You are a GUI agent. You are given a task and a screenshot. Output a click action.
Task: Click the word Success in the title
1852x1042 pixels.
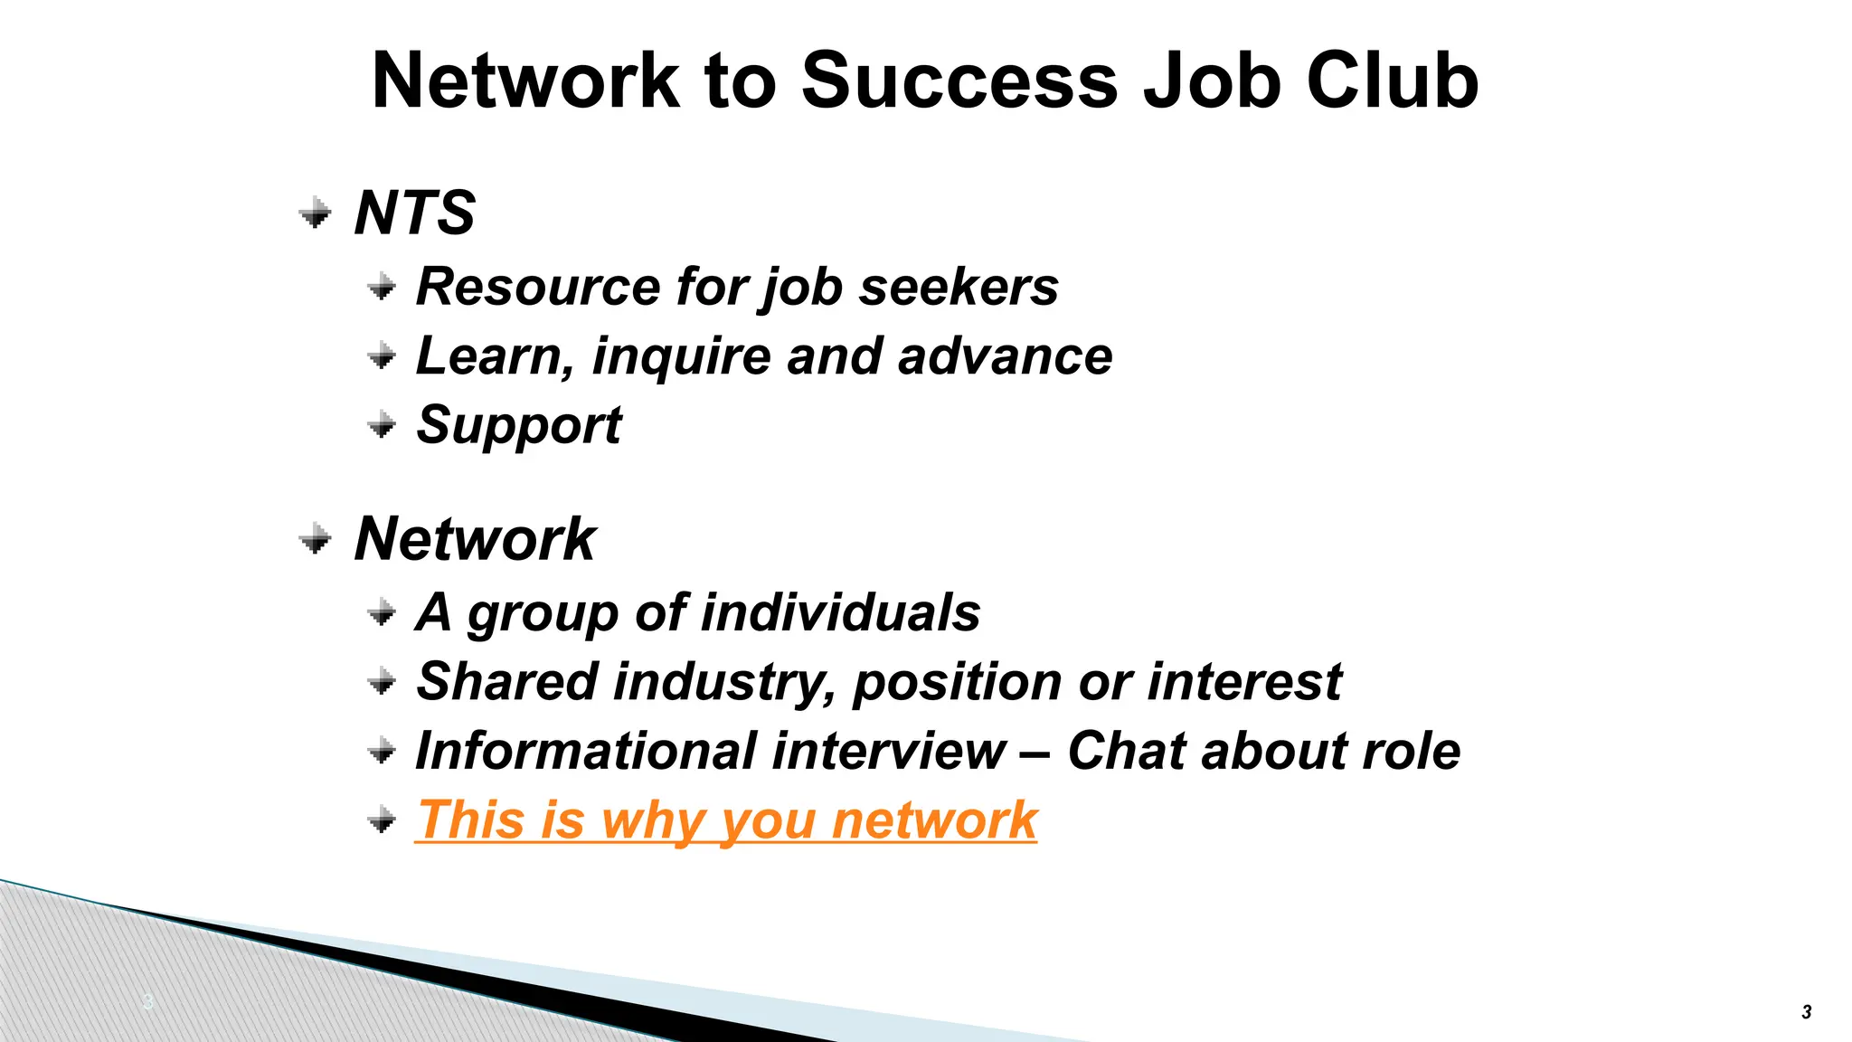click(960, 81)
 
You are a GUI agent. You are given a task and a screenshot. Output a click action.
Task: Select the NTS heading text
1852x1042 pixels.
click(414, 213)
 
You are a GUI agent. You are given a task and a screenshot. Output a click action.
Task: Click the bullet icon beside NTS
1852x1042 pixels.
click(315, 213)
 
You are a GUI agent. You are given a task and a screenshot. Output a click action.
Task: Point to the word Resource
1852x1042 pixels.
click(537, 287)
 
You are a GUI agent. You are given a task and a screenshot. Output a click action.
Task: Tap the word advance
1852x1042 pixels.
click(1005, 355)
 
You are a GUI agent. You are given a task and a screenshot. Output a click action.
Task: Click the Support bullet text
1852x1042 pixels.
click(518, 424)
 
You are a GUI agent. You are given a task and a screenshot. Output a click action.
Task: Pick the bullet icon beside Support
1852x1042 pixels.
click(382, 424)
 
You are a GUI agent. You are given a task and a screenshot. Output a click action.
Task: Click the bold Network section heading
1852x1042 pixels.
click(475, 539)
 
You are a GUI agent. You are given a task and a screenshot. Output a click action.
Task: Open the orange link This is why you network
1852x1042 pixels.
click(726, 820)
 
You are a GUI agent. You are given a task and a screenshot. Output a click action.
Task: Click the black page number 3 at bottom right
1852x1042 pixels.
click(1806, 1012)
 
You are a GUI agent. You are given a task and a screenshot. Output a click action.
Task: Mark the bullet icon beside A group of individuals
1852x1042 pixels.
click(382, 614)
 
